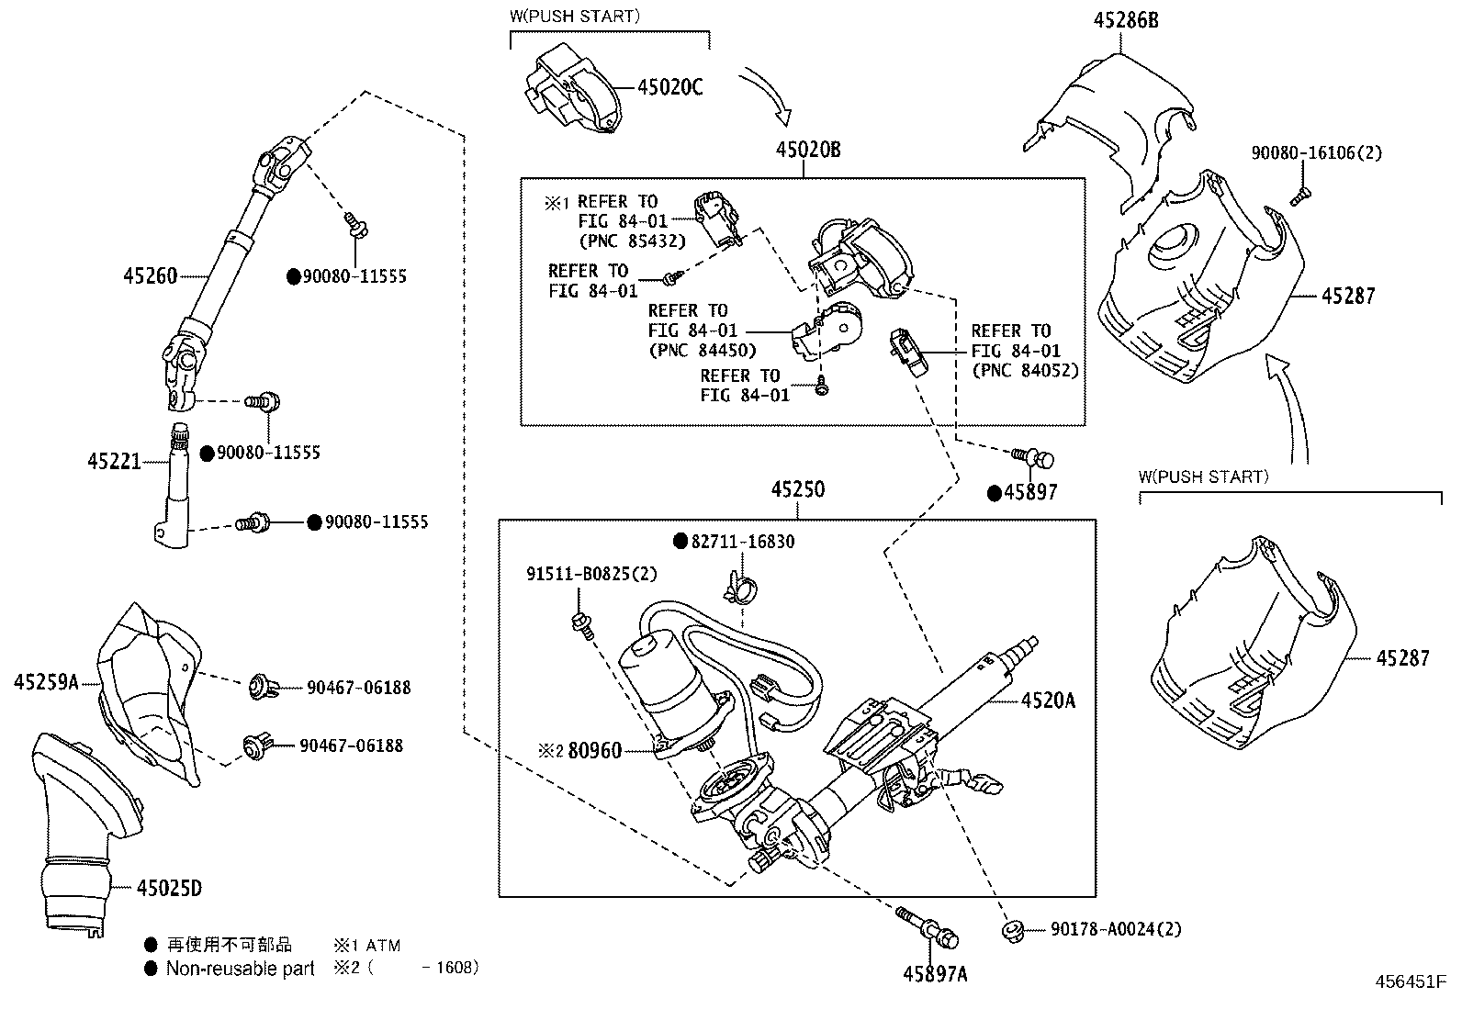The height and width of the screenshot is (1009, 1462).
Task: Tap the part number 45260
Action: (150, 275)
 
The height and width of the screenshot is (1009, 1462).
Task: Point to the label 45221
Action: (115, 461)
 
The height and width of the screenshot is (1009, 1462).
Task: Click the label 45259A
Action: (46, 681)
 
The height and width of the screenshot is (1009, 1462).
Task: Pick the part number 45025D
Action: (169, 888)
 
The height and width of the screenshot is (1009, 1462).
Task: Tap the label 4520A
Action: (1048, 701)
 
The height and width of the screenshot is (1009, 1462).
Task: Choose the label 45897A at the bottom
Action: (934, 974)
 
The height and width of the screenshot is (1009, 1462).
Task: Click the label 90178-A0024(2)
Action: (1116, 929)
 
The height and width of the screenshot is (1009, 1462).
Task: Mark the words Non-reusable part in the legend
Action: (240, 969)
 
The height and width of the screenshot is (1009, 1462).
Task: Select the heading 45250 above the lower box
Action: (797, 490)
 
